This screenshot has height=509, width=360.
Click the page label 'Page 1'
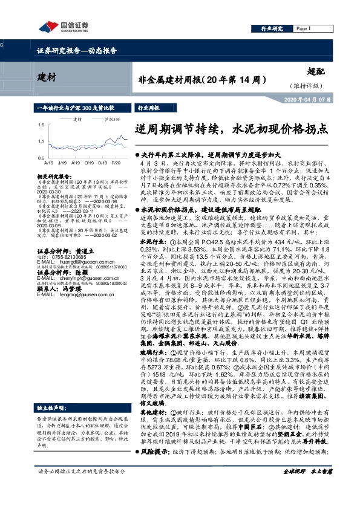(303, 29)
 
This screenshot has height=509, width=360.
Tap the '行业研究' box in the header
(273, 29)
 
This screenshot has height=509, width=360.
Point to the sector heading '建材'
(47, 77)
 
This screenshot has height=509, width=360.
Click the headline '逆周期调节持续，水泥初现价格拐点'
(232, 129)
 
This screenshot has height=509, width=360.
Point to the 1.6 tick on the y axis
(41, 125)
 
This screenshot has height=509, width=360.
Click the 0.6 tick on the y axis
(41, 157)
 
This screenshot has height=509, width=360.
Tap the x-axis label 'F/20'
(116, 163)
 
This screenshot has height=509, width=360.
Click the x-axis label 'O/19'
(88, 163)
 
